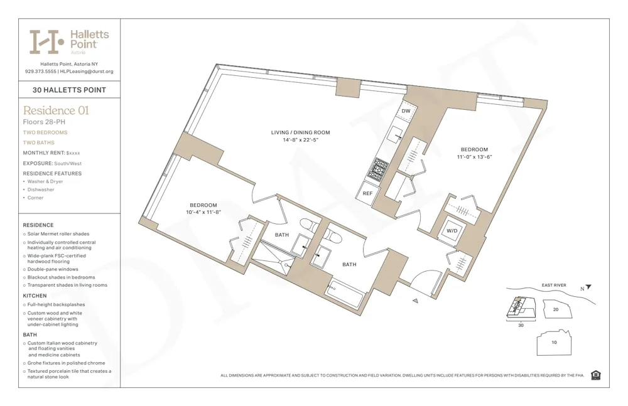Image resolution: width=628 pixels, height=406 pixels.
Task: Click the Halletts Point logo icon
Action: [47, 41]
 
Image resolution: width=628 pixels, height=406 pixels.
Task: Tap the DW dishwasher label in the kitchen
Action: [406, 111]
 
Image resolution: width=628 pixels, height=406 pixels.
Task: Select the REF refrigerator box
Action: [368, 193]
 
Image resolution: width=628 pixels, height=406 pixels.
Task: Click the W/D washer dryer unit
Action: [452, 230]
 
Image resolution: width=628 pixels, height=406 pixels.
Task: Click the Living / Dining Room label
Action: [300, 132]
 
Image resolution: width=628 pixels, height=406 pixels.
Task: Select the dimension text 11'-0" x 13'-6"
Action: [474, 157]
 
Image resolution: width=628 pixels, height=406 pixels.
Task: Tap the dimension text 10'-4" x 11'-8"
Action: [203, 213]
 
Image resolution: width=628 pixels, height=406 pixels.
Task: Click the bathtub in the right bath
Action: [345, 294]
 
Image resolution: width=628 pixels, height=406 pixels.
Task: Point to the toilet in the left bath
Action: [308, 225]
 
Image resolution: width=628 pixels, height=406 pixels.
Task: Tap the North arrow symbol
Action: [588, 287]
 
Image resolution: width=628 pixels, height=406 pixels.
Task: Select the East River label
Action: [554, 286]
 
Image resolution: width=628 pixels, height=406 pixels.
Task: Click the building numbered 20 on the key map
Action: [555, 309]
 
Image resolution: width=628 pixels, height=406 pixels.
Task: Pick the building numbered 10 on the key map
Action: [554, 343]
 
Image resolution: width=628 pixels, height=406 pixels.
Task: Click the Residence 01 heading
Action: [56, 110]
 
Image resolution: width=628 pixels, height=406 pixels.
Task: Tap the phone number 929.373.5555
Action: [40, 72]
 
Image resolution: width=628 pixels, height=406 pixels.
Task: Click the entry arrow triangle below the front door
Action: [415, 301]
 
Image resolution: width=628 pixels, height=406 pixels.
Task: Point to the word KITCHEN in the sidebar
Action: [35, 296]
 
